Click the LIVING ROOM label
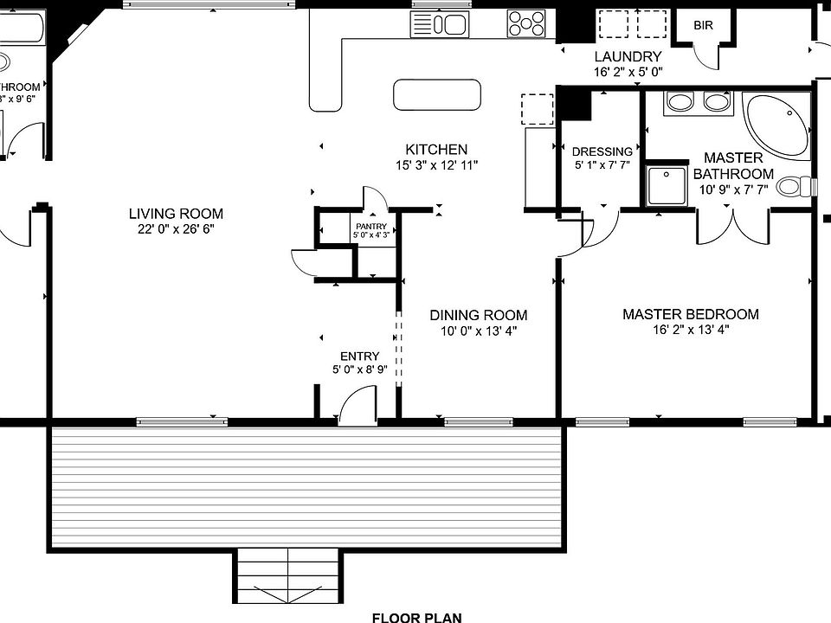point(176,214)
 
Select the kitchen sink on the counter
point(440,24)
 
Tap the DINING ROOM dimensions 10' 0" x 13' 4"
point(478,331)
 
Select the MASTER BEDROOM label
point(690,314)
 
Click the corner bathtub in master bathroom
point(776,123)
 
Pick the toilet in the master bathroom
point(795,186)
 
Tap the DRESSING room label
point(602,151)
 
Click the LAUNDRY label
point(628,57)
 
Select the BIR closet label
point(703,25)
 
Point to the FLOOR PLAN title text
point(416,617)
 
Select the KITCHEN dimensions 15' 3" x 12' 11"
point(436,164)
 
